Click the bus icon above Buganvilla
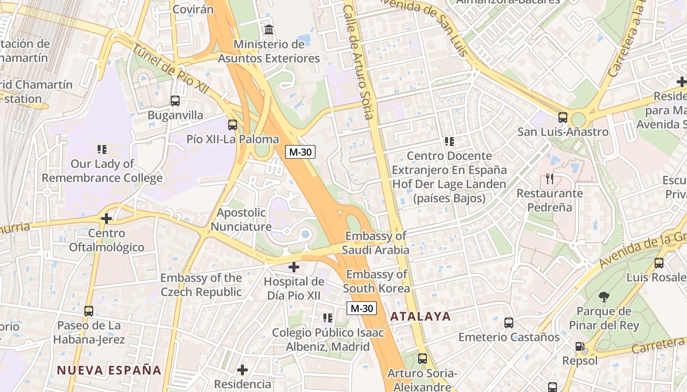(x=175, y=101)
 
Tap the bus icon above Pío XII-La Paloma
(x=233, y=125)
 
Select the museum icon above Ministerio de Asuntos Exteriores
(x=269, y=30)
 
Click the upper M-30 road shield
(x=300, y=152)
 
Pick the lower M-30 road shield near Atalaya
(x=362, y=308)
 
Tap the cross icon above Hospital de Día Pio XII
(x=294, y=267)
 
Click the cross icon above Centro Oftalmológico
(x=106, y=219)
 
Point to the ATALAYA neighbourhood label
(x=421, y=317)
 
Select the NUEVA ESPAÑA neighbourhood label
(x=109, y=370)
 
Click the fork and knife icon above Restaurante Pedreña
(x=550, y=179)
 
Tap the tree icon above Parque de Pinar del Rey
(x=604, y=296)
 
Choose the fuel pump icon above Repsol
(x=580, y=347)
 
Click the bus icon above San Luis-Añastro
(x=563, y=118)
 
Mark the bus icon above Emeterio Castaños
(x=509, y=323)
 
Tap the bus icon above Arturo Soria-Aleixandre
(x=423, y=359)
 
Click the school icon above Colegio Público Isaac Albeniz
(x=328, y=318)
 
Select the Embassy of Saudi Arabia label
(x=375, y=243)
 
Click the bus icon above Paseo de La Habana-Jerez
(x=89, y=311)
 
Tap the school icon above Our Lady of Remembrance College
(x=102, y=149)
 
